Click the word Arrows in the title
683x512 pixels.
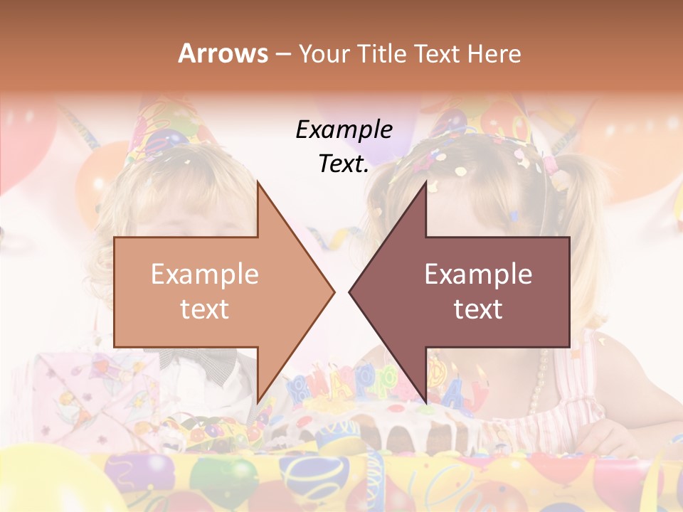click(x=223, y=53)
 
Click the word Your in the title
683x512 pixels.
click(x=325, y=53)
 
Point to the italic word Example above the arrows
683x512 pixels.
click(x=344, y=129)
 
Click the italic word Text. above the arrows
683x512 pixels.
click(x=344, y=164)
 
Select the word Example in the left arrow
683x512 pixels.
click(x=205, y=274)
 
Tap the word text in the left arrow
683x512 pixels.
click(x=205, y=309)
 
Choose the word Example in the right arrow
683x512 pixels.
click(x=478, y=274)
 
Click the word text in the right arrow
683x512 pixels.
click(x=478, y=309)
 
